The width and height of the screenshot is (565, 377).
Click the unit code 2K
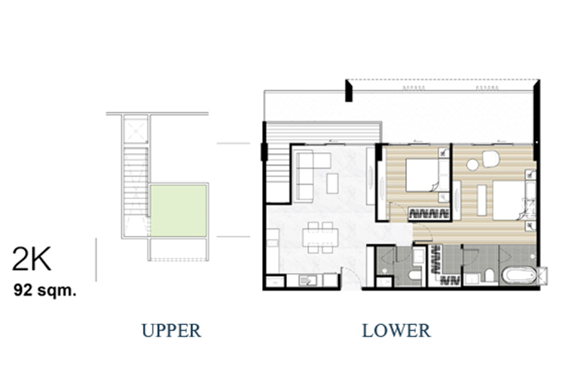point(32,259)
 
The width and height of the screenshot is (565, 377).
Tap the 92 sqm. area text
point(45,290)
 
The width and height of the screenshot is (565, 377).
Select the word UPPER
point(171,330)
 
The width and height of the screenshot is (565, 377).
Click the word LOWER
point(396,330)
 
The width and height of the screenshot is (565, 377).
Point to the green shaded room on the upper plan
point(179,210)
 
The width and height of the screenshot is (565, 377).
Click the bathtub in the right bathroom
point(518,276)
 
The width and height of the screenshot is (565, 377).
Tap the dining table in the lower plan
point(320,237)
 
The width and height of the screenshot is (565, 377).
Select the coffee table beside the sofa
point(332,183)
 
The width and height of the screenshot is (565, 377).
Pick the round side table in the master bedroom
point(472,165)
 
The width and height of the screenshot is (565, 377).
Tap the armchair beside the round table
point(490,159)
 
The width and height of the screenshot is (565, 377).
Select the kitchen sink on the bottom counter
point(307,280)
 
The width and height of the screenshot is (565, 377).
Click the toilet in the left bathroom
point(415,276)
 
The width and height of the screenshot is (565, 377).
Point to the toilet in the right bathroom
point(489,275)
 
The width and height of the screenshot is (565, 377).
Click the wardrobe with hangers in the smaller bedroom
point(429,213)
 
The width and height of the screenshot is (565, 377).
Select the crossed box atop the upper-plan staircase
point(135,130)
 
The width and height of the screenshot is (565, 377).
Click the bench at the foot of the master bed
point(482,201)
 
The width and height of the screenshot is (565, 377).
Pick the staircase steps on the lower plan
point(279,173)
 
